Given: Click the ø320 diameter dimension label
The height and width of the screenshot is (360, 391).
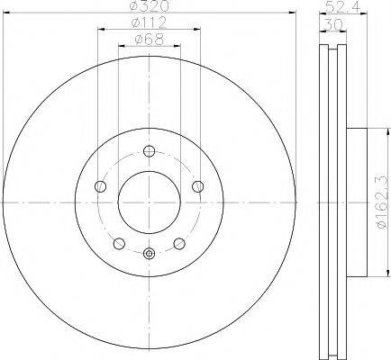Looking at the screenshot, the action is click(x=150, y=5).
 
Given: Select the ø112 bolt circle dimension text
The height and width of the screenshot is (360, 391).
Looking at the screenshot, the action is click(x=149, y=22).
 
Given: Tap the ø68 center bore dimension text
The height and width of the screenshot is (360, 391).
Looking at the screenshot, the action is click(x=150, y=40).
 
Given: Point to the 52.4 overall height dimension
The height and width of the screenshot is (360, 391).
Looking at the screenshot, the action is click(x=342, y=6).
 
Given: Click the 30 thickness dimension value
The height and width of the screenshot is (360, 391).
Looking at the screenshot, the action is click(x=333, y=24).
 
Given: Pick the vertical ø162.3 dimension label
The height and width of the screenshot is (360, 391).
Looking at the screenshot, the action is click(x=386, y=203).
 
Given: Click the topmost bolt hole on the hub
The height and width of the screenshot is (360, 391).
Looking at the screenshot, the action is click(x=150, y=151).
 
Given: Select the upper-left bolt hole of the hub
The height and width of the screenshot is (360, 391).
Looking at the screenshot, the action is click(x=100, y=186).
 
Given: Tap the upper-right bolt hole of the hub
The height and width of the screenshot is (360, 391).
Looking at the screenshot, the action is click(x=198, y=186).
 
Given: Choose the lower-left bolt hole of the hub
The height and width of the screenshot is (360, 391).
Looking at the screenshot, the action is click(x=119, y=243).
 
